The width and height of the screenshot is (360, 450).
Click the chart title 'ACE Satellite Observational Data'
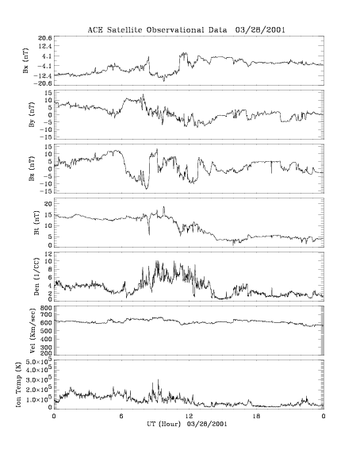coord(157,30)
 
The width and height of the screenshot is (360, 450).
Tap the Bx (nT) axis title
coord(26,60)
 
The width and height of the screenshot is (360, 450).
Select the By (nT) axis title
coord(32,114)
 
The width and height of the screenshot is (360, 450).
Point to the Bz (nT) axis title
coord(32,168)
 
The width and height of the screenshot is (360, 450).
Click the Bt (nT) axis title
coord(36,223)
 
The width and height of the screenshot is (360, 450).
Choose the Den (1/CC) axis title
coord(36,276)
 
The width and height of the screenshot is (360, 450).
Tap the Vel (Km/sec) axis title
coord(32,330)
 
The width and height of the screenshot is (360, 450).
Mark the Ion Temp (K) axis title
coord(18,384)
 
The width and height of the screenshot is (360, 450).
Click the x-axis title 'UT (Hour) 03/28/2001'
coord(187,424)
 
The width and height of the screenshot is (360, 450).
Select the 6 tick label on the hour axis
coord(121,416)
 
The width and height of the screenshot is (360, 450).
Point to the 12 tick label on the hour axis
coord(189,416)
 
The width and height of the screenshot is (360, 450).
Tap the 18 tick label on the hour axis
coord(256,416)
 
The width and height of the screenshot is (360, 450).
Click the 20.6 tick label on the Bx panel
coord(45,38)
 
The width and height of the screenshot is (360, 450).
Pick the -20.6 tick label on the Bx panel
coord(44,83)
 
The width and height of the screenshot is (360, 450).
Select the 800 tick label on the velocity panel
coord(47,308)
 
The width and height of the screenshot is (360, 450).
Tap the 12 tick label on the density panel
coord(48,254)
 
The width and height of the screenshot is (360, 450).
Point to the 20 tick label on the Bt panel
coord(48,203)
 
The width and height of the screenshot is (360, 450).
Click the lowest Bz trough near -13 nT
coord(147,188)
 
